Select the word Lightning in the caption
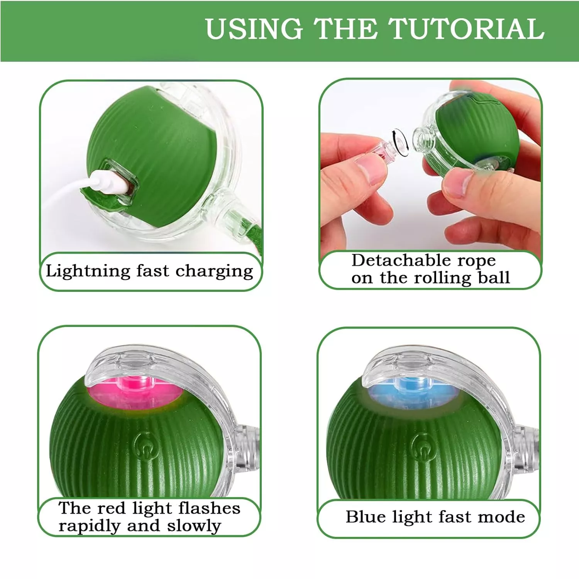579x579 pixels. (x=88, y=271)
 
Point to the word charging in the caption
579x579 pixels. (x=215, y=271)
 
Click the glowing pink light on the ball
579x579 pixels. (x=133, y=392)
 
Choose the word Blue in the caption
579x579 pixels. (x=366, y=517)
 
